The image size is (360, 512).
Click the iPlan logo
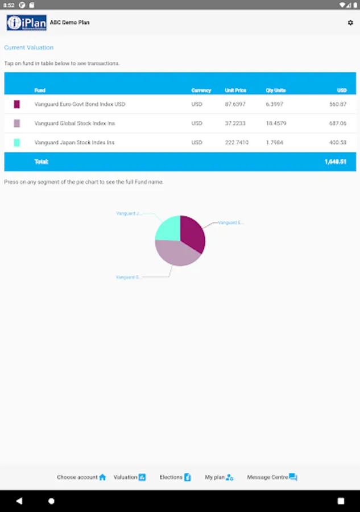[x=26, y=23]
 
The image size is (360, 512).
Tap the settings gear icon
[x=350, y=23]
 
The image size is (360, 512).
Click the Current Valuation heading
[x=29, y=48]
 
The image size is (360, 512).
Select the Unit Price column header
[x=235, y=90]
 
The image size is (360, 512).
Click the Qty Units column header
[x=276, y=90]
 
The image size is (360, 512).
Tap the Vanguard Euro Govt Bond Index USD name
[x=80, y=105]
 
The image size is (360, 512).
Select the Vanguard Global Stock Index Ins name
[x=75, y=123]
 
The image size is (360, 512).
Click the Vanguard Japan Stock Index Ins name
[x=75, y=142]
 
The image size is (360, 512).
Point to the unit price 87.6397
[x=235, y=105]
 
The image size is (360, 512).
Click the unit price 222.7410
[x=237, y=142]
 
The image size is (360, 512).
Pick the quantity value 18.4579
[x=276, y=123]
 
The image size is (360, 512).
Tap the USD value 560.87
[x=338, y=105]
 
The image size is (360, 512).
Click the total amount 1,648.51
[x=336, y=162]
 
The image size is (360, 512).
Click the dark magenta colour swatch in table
[x=17, y=105]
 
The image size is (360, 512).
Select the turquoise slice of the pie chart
[x=168, y=228]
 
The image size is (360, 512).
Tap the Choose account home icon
[x=102, y=477]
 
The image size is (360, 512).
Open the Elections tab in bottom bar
[x=175, y=477]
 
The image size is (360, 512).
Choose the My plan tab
[x=219, y=477]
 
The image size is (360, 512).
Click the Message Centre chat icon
[x=293, y=477]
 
